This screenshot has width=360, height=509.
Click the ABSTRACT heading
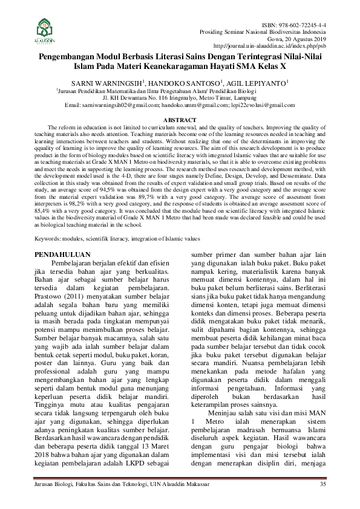pyautogui.click(x=180, y=120)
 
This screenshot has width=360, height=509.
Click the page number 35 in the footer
pyautogui.click(x=323, y=485)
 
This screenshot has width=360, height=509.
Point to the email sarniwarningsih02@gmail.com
pyautogui.click(x=120, y=105)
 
